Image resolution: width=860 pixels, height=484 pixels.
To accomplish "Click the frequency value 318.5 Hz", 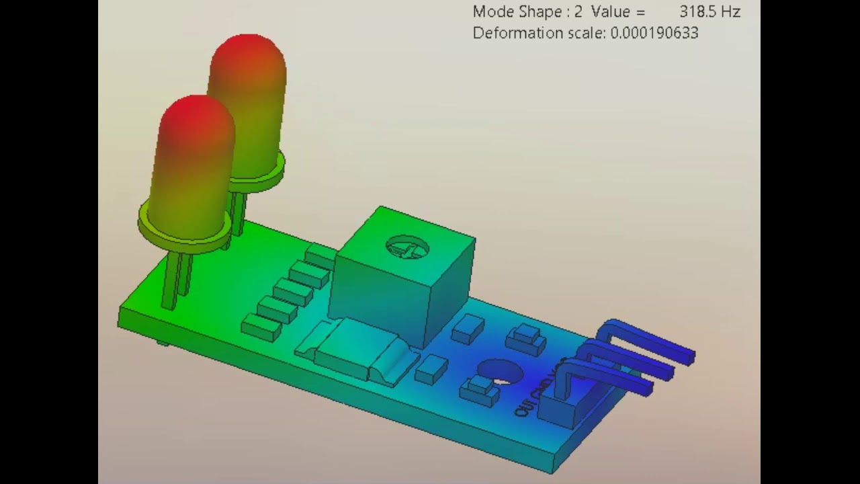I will click(709, 12).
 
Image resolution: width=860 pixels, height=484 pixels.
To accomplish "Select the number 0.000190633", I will click(654, 33).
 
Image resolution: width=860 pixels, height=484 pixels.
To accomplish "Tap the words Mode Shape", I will click(517, 12).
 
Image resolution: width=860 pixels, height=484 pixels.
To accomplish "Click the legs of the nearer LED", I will click(176, 279).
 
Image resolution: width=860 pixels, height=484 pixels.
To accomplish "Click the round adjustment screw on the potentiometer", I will click(407, 247).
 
